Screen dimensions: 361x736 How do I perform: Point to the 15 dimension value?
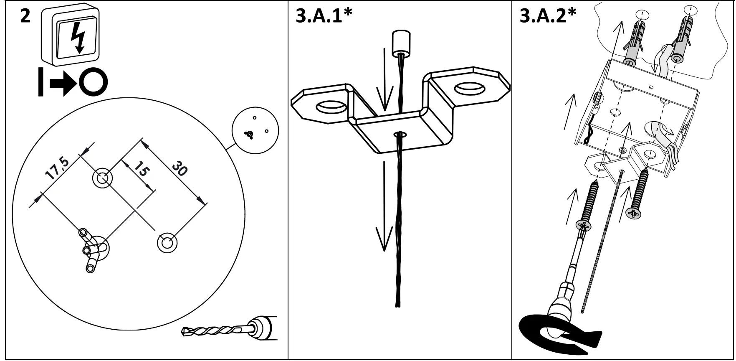coord(142,169)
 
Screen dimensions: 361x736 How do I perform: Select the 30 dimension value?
coord(180,168)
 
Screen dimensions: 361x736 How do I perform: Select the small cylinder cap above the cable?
coord(401,43)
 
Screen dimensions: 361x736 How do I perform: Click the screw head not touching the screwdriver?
coord(634,214)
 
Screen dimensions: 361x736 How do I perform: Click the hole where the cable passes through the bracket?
coord(400,135)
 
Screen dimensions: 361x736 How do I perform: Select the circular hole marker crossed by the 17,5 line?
coord(102,178)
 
